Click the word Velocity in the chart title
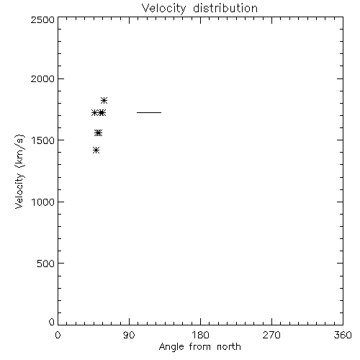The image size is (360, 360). (164, 9)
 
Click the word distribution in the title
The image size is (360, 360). (225, 8)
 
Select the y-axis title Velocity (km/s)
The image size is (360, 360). (19, 171)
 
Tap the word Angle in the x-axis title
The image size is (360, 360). (171, 347)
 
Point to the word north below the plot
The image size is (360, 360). (229, 346)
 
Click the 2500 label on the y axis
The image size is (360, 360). (42, 19)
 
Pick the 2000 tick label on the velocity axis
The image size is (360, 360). (42, 78)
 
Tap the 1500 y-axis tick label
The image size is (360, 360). (43, 140)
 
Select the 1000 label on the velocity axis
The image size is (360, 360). (43, 202)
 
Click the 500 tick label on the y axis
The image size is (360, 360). (46, 264)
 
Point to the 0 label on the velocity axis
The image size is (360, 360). (52, 322)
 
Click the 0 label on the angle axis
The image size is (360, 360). (58, 335)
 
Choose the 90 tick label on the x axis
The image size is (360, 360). (129, 335)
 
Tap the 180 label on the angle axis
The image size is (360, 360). (200, 335)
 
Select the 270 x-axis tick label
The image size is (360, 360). (271, 335)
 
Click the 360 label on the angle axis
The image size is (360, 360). (343, 335)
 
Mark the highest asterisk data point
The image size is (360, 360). (104, 100)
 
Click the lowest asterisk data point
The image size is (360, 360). (96, 150)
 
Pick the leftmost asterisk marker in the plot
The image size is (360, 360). (94, 112)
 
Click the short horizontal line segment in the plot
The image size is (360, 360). (149, 112)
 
